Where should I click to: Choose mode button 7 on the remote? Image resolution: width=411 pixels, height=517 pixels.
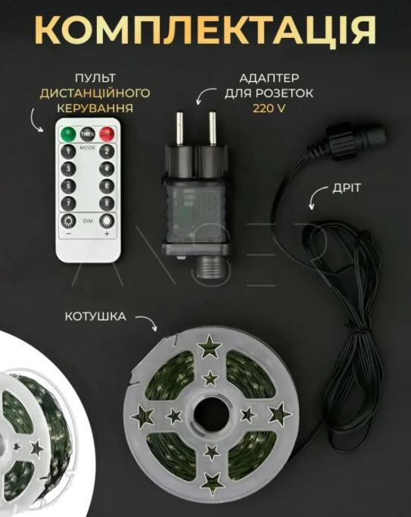(x=69, y=202)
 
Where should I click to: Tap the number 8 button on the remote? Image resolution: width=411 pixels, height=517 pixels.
(x=107, y=202)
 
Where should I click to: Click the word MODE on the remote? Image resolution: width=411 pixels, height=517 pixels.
(x=88, y=146)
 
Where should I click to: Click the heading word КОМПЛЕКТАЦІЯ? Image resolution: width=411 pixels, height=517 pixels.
(x=205, y=30)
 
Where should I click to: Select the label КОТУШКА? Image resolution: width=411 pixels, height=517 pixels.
(x=95, y=315)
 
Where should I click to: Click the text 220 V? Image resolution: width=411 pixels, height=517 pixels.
(x=269, y=108)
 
